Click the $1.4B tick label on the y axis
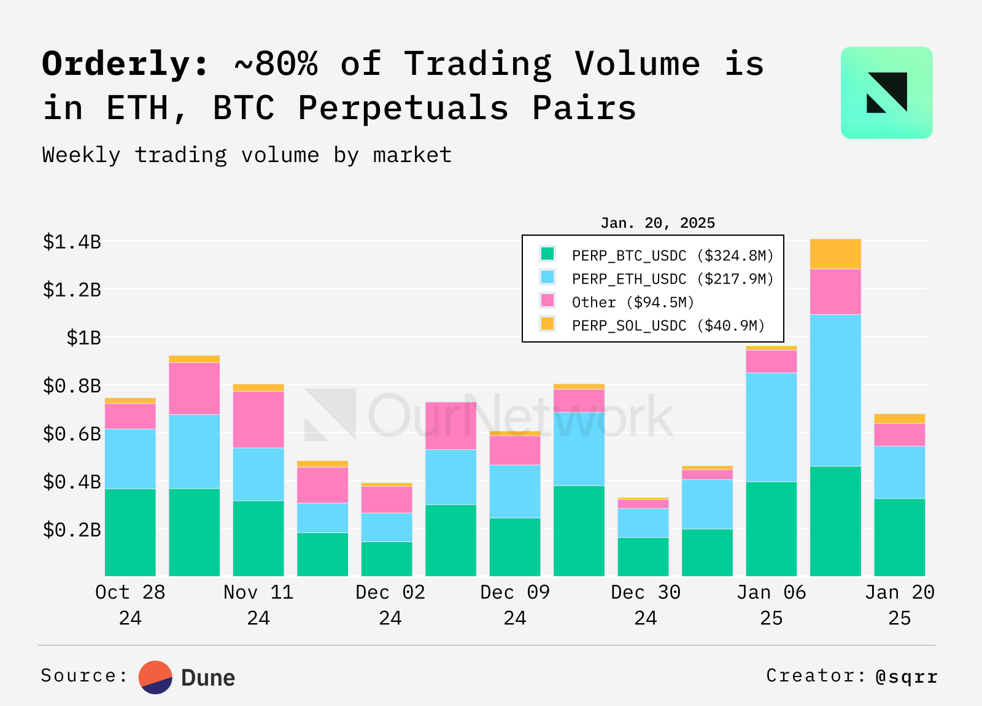click(x=72, y=242)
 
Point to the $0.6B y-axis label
click(x=72, y=434)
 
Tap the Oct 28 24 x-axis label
click(x=130, y=605)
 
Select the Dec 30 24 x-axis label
click(x=646, y=605)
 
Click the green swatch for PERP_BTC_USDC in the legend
click(x=547, y=254)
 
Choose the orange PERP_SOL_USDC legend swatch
click(x=547, y=324)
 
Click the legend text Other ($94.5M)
click(x=633, y=302)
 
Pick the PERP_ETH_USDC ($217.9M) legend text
click(x=673, y=279)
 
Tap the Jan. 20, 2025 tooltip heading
click(x=657, y=223)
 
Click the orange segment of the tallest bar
click(x=835, y=254)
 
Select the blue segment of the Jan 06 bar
click(x=771, y=427)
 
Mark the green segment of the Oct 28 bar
click(x=130, y=532)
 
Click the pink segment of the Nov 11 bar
click(x=258, y=420)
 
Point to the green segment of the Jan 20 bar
click(x=900, y=537)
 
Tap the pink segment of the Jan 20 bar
click(x=900, y=435)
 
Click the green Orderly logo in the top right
click(x=886, y=93)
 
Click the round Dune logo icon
click(x=155, y=677)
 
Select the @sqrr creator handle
click(x=907, y=677)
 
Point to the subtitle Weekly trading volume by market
click(x=247, y=155)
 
